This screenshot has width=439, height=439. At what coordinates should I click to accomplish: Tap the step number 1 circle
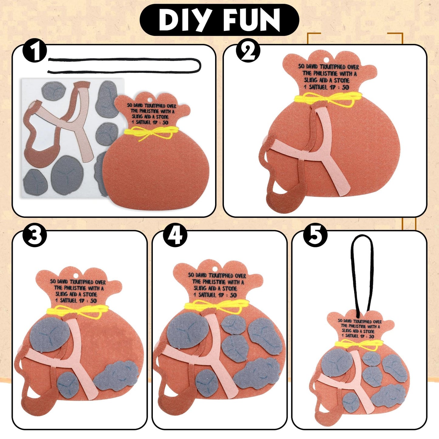click(35, 51)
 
